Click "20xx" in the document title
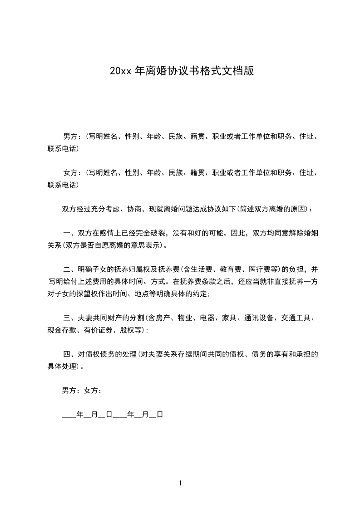tap(120, 71)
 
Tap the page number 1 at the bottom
tap(180, 483)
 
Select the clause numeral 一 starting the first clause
tap(66, 234)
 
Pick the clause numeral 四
tap(66, 354)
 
